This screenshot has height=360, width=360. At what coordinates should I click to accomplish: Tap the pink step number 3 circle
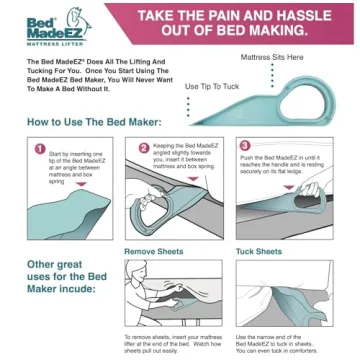click(x=245, y=145)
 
